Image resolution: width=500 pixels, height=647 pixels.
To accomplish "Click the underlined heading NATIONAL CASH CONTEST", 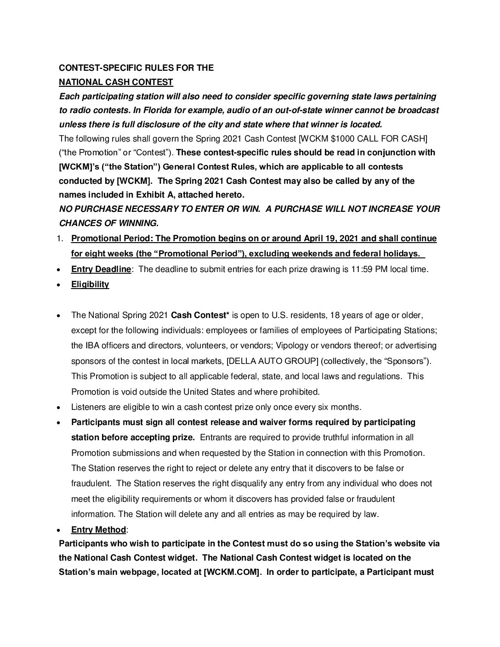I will (x=116, y=82).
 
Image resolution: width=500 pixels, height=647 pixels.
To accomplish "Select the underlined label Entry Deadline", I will (x=101, y=269).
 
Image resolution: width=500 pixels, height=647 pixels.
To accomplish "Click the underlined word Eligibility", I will (x=90, y=284).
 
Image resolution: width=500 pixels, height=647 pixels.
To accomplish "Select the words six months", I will (x=336, y=407).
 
